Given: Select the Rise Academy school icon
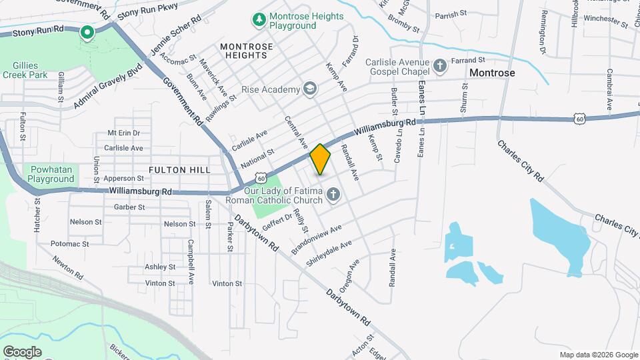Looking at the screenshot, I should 309,89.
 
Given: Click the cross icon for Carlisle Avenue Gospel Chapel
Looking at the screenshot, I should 439,65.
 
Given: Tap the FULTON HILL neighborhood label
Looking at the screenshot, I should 179,170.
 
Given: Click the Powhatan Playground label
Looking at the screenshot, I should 51,174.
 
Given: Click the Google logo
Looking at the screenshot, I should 22,351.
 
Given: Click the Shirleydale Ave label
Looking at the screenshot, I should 329,254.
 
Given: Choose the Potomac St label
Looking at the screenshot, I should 69,244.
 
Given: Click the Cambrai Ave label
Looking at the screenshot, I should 609,90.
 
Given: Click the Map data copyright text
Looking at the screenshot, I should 598,355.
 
